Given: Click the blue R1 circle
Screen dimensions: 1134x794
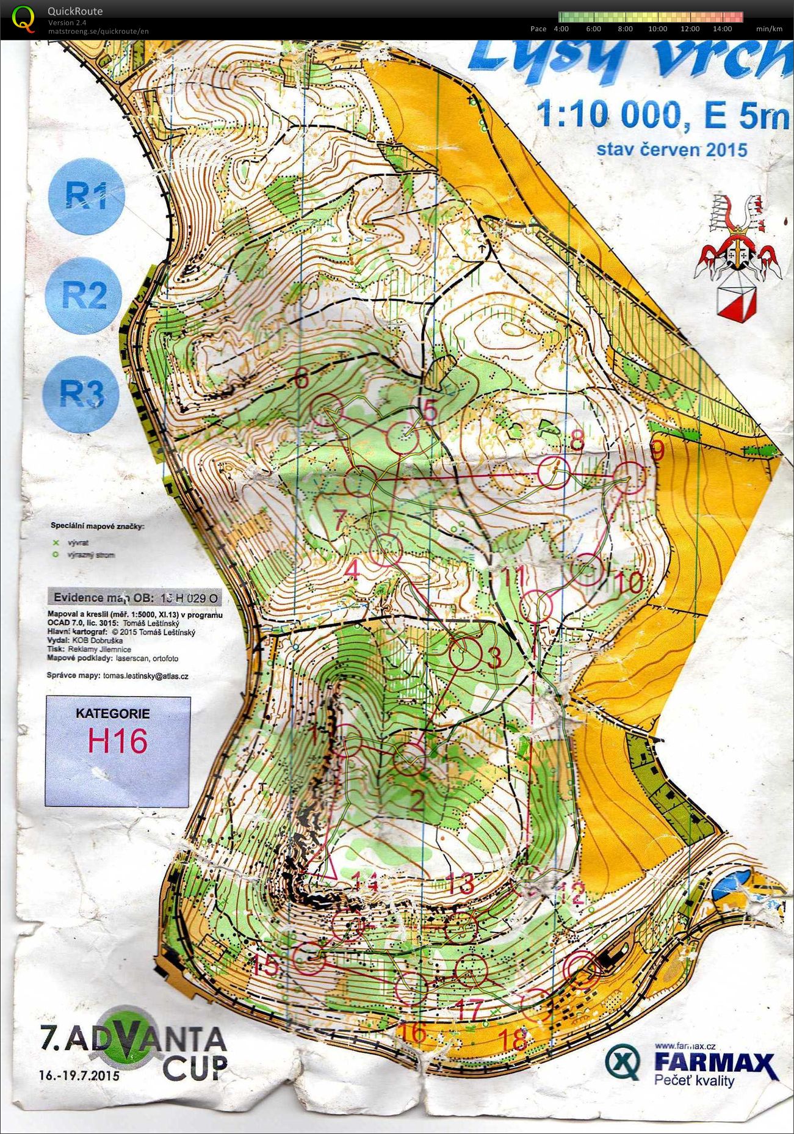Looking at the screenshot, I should (x=85, y=197).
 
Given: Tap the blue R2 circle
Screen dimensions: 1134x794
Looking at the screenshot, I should (x=84, y=295).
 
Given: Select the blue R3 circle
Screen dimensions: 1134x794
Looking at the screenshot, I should (x=81, y=394).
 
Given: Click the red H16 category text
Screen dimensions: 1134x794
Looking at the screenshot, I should (x=118, y=741).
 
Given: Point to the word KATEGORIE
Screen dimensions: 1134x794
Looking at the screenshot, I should (x=112, y=713).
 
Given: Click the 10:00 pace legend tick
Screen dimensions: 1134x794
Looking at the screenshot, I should (x=657, y=29).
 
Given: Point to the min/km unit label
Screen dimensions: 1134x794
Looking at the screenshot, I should (x=768, y=29).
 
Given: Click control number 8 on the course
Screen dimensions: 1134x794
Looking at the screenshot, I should (x=576, y=440).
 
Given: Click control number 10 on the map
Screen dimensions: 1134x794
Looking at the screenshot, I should (x=629, y=582).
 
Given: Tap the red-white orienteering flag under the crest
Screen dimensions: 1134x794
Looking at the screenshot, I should (x=733, y=303).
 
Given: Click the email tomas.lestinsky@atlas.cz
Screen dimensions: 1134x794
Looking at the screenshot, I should (x=145, y=676).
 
